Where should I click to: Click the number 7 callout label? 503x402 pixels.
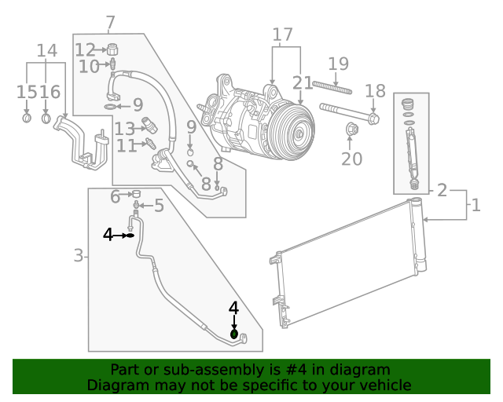110,23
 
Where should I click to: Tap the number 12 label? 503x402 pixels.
85,49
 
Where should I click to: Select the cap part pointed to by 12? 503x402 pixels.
112,49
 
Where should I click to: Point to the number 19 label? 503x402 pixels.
338,64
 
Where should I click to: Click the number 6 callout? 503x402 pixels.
116,195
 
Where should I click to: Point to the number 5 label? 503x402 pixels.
158,206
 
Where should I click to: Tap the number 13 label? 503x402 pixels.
124,128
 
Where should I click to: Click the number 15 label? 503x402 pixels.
27,93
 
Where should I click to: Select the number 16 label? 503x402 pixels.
50,93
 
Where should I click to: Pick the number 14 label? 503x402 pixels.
47,51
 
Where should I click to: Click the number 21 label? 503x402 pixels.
302,82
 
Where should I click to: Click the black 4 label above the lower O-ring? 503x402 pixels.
233,308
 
